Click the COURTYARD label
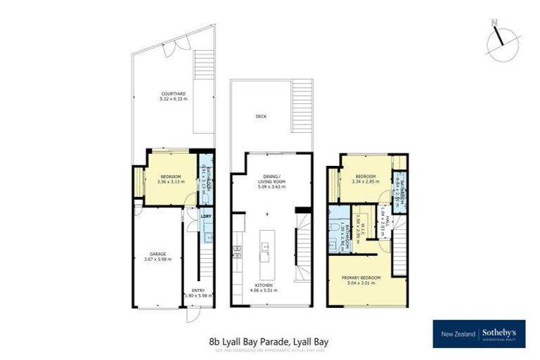(172, 94)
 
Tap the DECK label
(262, 117)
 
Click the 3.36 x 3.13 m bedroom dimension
(171, 181)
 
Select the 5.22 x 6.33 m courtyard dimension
(172, 99)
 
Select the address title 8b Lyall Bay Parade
(269, 341)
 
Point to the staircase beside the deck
(301, 105)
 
